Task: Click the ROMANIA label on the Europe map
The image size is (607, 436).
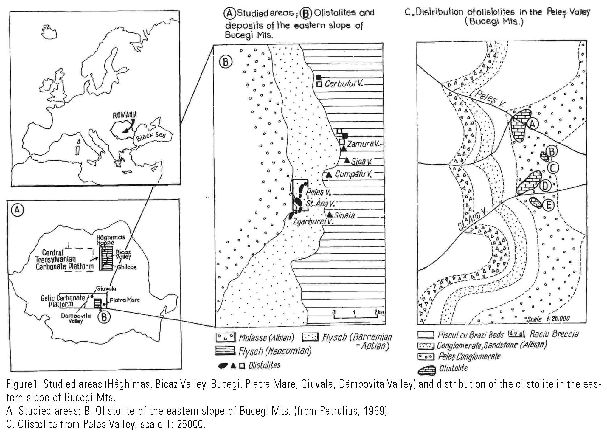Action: point(125,115)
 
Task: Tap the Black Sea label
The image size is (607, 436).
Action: point(151,136)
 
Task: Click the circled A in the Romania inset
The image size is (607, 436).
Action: point(17,210)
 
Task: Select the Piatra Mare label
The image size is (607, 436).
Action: point(125,300)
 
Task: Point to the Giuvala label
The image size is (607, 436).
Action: point(106,288)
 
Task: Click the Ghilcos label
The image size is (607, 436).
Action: point(127,267)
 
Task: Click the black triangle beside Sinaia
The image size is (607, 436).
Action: point(330,215)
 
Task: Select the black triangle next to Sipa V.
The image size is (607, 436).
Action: point(347,160)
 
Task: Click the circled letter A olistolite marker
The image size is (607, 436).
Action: point(533,123)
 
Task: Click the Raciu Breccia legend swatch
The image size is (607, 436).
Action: point(517,334)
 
